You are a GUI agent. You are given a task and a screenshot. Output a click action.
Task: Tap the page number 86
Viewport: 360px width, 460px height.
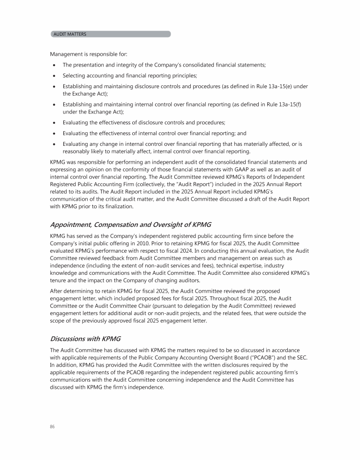click(52, 427)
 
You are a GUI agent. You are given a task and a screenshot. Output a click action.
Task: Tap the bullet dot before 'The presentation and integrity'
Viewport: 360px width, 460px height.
click(55, 66)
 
